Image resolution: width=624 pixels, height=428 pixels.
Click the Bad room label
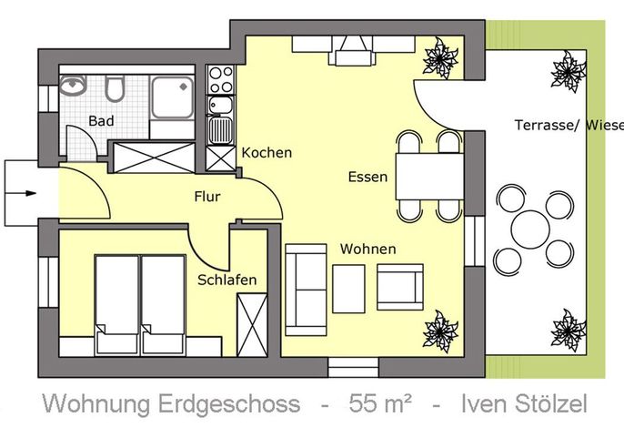(101, 121)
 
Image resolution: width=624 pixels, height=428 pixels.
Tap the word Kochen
(267, 153)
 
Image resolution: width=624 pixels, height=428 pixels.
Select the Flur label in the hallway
(207, 197)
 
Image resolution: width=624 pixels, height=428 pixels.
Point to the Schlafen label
(226, 280)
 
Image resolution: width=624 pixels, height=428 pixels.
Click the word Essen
(367, 177)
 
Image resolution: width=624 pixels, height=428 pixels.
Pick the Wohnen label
(368, 250)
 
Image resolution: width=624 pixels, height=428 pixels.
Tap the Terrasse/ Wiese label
(569, 125)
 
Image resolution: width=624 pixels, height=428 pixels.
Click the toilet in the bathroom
(115, 88)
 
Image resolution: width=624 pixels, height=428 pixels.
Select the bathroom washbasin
(73, 86)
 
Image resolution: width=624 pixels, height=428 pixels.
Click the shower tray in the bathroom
(172, 97)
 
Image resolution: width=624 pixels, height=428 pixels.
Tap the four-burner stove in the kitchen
(221, 80)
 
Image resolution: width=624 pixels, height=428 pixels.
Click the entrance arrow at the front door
(20, 193)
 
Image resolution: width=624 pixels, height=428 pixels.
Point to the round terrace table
(530, 230)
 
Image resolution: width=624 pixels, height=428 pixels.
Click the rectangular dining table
(429, 177)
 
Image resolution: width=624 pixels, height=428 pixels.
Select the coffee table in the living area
(348, 289)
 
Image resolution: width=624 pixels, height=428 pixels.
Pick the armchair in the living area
(400, 287)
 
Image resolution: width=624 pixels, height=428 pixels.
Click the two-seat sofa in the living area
(306, 290)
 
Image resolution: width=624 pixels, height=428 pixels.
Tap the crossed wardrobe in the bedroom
(252, 325)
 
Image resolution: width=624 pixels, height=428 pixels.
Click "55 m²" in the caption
(380, 403)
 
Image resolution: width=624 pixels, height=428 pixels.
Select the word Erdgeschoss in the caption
(229, 404)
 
